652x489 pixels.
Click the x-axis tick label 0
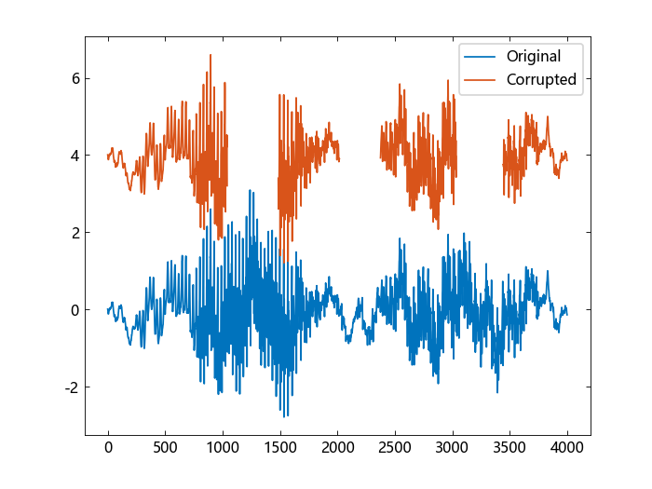(108, 448)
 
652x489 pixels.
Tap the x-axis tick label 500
(166, 448)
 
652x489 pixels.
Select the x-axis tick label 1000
(223, 448)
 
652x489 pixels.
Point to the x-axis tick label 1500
(280, 448)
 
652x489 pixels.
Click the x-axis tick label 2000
(338, 448)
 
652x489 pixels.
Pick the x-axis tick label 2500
(395, 448)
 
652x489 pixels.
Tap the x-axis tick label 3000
(453, 448)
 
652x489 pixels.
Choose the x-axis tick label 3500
(510, 448)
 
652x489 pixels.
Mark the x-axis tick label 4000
(567, 448)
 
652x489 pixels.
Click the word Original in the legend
(534, 56)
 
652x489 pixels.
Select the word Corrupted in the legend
(541, 80)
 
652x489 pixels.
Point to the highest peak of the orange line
(211, 55)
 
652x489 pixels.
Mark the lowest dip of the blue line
(285, 416)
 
